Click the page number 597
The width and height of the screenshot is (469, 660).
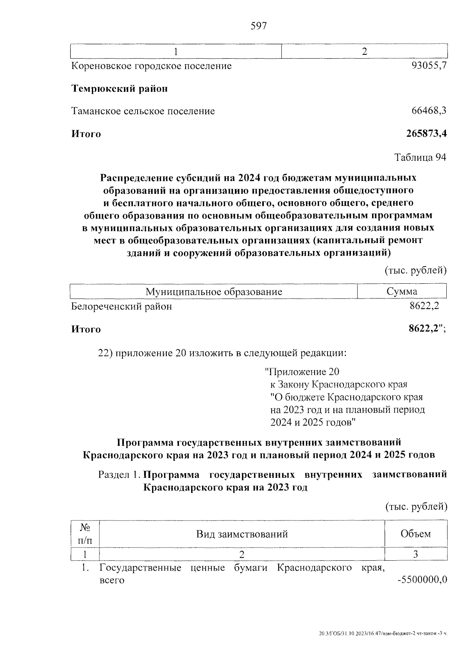point(259,26)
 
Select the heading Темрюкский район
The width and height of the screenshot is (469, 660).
point(120,89)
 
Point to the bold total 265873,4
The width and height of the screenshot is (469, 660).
point(426,134)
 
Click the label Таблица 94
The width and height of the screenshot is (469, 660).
point(420,157)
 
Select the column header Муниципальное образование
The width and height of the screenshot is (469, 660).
point(214,292)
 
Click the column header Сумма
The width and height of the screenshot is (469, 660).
point(402,291)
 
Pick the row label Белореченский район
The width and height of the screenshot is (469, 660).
point(122,306)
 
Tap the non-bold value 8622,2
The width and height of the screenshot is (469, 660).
point(424,306)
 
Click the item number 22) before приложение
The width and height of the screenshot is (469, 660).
point(105,353)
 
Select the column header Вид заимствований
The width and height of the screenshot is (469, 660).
point(242,534)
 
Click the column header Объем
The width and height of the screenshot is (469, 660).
point(415,534)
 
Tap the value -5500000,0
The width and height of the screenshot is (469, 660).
point(422,580)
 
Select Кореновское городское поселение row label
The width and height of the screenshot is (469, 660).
point(152,66)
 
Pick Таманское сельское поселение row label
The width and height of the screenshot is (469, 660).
point(143,111)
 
